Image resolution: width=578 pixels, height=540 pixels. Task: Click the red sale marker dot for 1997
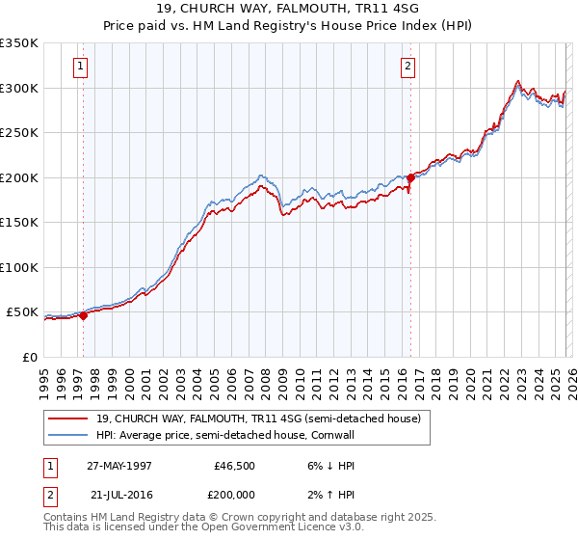[x=84, y=314]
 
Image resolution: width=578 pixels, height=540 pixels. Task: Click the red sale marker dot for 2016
[x=410, y=177]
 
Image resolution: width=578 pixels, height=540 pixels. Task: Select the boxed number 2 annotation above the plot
[x=408, y=67]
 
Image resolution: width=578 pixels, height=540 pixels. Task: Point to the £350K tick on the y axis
[x=19, y=43]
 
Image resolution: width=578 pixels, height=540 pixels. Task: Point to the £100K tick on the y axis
[x=19, y=267]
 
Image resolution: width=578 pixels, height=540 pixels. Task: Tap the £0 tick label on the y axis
[x=29, y=357]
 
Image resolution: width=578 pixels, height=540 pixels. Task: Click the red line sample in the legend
[x=68, y=419]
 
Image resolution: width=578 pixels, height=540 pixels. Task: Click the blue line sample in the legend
[x=68, y=436]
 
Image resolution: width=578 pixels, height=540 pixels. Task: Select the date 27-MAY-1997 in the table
[x=119, y=465]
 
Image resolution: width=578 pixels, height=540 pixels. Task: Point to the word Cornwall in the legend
[x=332, y=436]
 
